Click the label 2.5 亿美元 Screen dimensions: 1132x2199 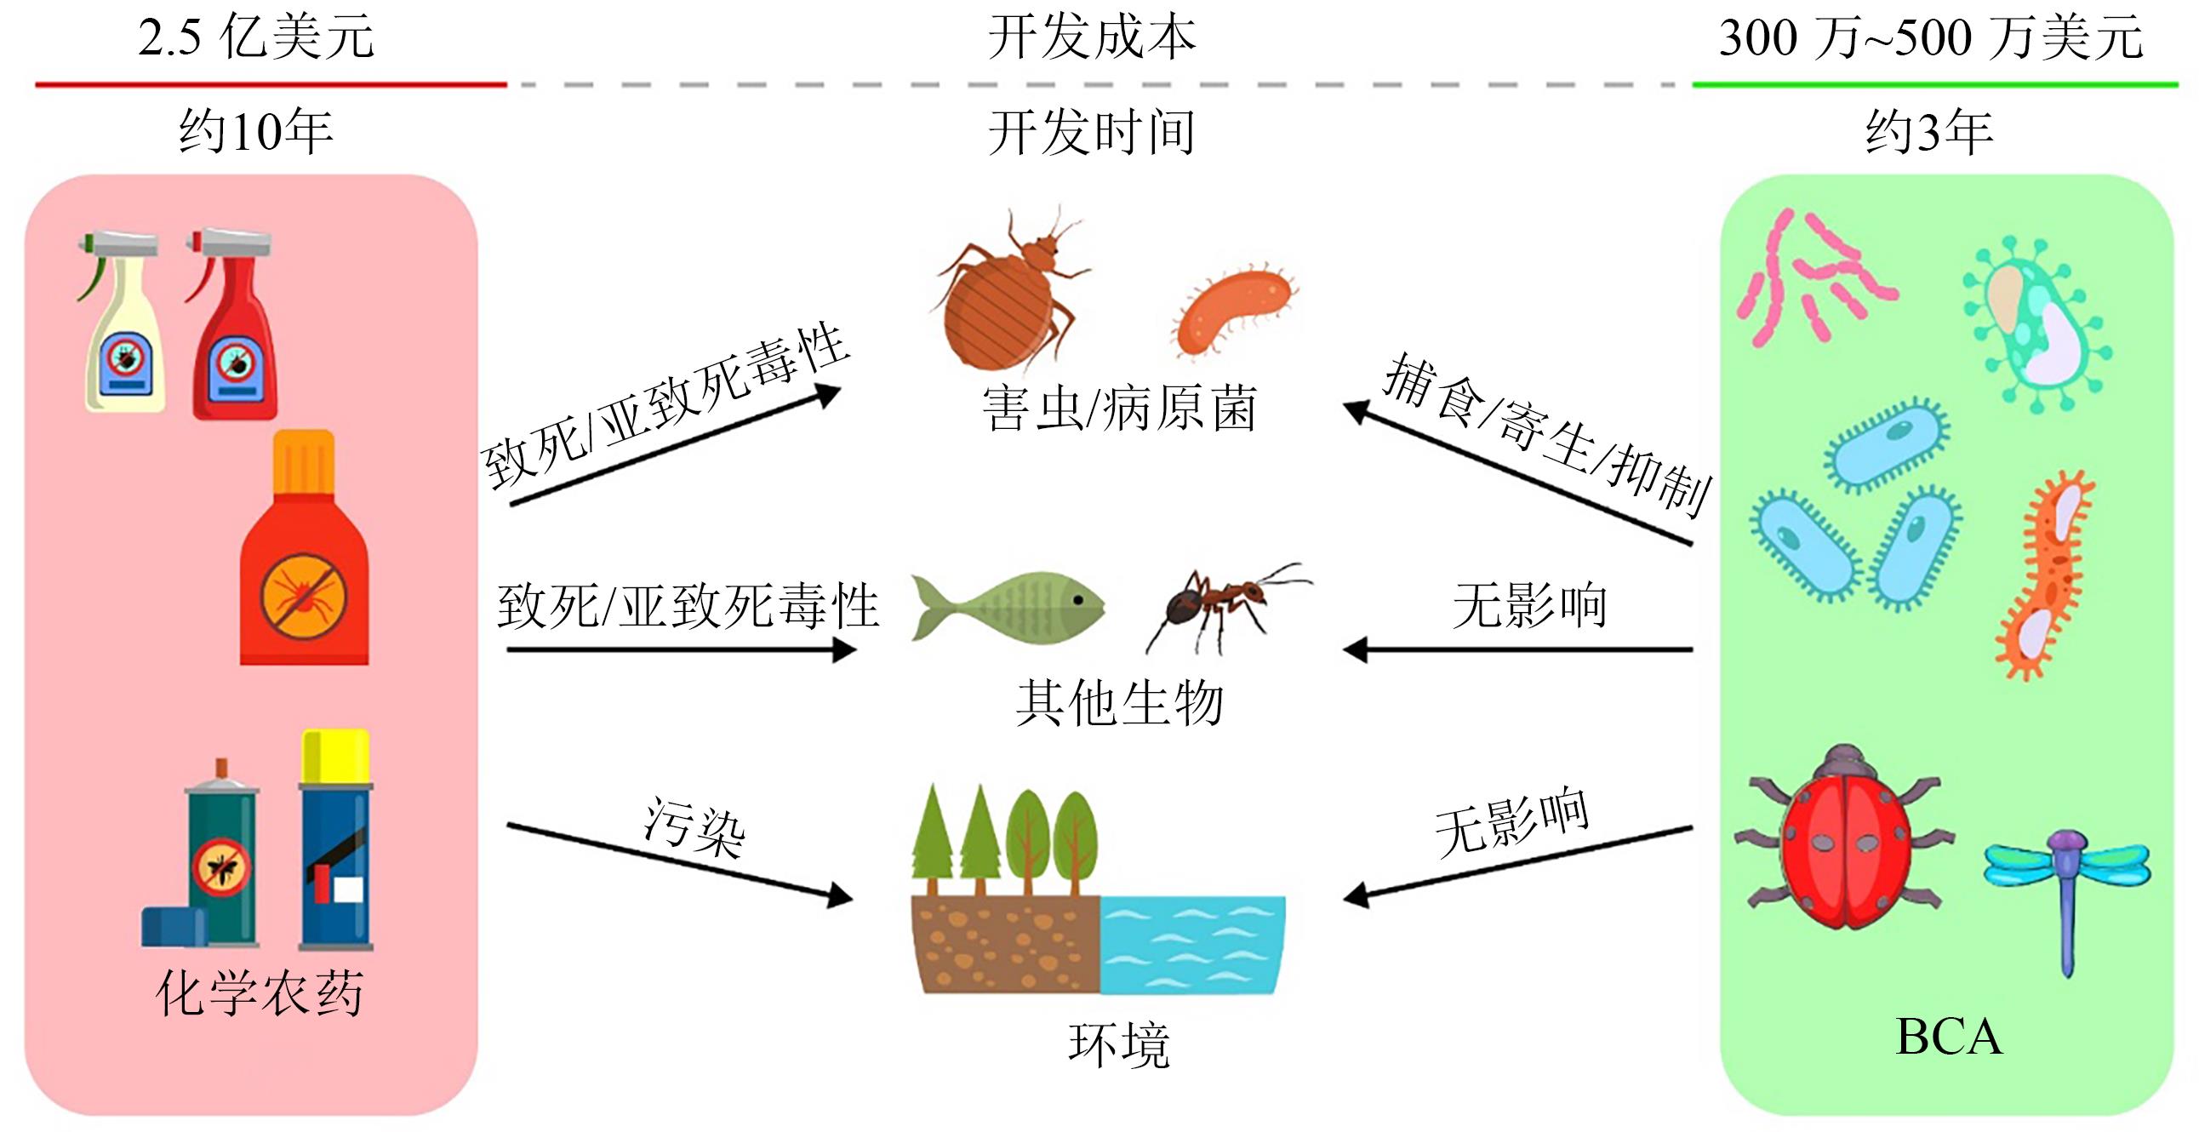[x=256, y=38]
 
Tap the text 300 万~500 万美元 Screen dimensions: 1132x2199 [x=1930, y=38]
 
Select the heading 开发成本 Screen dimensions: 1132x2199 [x=1092, y=38]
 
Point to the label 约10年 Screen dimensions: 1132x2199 [x=255, y=132]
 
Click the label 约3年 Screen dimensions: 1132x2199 [x=1928, y=132]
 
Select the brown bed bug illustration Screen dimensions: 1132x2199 [x=1008, y=290]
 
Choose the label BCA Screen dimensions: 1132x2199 [x=1948, y=1038]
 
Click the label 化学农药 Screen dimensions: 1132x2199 [x=260, y=993]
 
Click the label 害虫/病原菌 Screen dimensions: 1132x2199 [x=1119, y=408]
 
